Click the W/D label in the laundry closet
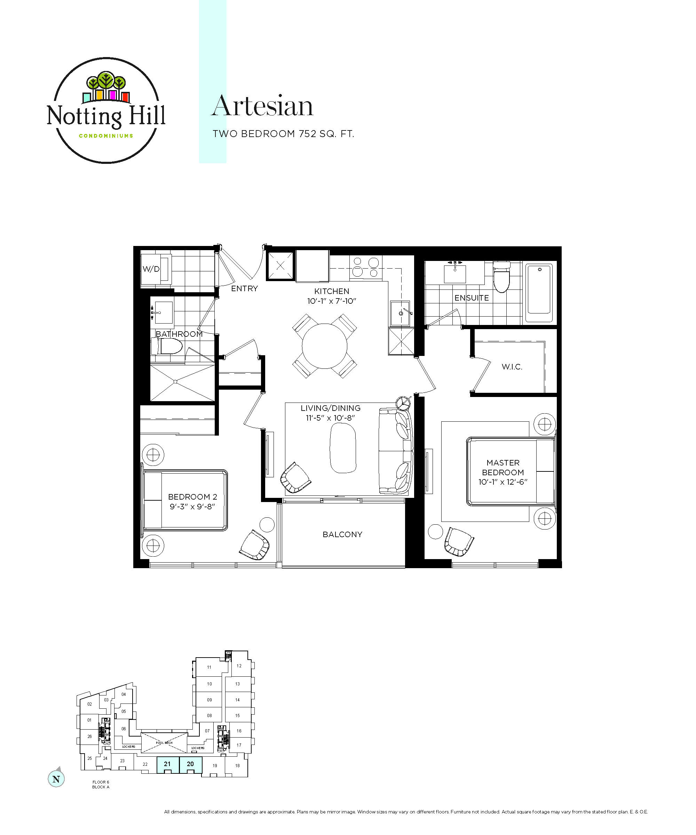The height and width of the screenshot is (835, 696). point(151,269)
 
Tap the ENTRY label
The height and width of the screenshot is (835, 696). point(244,289)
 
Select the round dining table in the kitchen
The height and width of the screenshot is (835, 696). point(325,346)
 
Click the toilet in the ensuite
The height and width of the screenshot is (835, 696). point(501,276)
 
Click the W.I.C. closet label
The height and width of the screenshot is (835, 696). point(512,367)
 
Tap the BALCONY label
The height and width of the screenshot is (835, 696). point(342,534)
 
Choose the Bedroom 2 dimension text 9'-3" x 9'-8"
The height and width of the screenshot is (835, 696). point(192,507)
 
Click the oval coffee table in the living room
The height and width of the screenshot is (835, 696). point(342,448)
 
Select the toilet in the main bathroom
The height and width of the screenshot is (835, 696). point(167,346)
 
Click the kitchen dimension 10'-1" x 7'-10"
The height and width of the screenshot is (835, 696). point(331,301)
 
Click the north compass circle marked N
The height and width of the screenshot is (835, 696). point(56,779)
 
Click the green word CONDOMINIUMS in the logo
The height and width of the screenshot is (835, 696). point(106,136)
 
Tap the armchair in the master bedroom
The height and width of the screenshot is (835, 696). point(459,542)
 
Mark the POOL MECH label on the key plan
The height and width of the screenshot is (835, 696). point(164,743)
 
